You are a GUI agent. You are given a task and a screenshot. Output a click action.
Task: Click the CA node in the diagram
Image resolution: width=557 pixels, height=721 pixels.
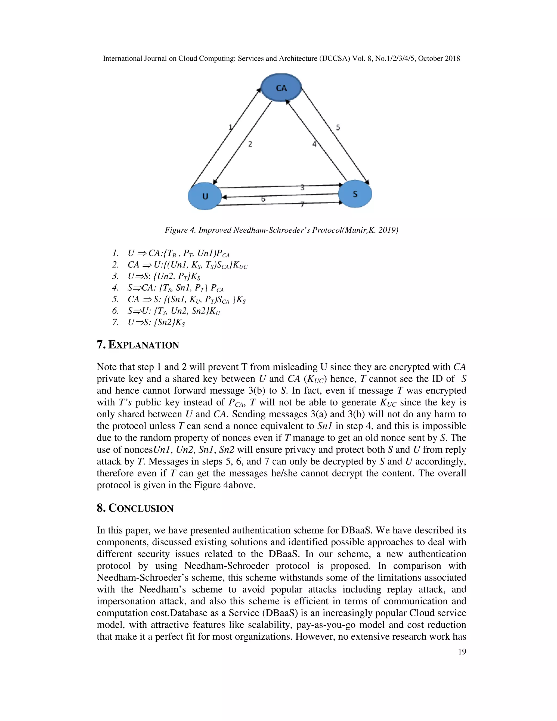point(281,88)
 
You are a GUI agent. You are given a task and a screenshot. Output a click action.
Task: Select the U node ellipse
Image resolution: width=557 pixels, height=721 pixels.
point(205,196)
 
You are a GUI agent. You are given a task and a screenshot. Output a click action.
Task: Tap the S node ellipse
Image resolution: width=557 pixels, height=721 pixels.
point(355,194)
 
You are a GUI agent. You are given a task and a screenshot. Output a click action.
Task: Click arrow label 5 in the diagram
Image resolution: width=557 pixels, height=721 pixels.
point(338,127)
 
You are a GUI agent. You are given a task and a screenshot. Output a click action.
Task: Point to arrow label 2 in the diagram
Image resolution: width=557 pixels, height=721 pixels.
point(250,144)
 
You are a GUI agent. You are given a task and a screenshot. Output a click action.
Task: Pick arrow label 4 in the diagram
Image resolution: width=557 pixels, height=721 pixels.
point(314,144)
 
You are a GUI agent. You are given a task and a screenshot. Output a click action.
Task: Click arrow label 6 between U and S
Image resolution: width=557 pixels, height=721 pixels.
point(263,199)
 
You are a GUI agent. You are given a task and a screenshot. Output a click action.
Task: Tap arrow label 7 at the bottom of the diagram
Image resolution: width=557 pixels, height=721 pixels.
point(302,205)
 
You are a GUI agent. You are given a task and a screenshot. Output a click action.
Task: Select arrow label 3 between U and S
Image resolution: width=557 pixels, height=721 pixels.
point(302,187)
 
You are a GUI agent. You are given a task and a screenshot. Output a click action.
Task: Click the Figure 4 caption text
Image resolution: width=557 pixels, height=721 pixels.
point(281,230)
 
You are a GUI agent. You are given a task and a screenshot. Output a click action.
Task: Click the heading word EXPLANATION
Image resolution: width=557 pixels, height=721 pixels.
point(144,345)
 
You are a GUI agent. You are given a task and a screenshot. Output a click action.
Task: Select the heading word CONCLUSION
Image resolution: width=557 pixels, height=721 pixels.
point(141,509)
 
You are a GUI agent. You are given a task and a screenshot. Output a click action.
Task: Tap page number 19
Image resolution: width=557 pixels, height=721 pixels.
point(462,652)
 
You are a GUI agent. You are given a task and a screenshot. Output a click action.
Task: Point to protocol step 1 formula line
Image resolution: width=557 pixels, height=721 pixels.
point(178,254)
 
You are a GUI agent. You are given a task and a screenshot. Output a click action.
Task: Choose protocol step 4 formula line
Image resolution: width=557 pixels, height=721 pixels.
point(175,288)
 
